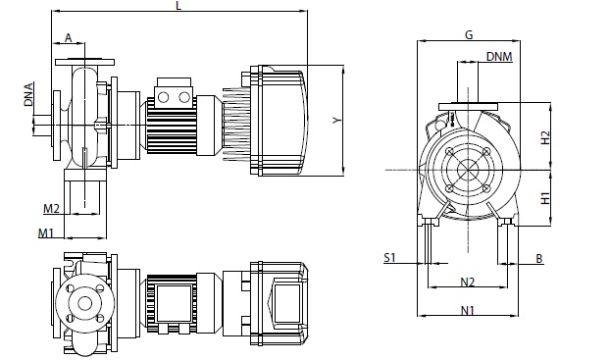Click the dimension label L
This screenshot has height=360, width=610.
178,6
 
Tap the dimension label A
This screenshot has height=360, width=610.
68,37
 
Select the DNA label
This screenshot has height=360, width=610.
28,94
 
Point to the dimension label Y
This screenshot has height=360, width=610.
337,121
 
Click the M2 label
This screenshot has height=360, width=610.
51,209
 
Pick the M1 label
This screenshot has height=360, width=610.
45,233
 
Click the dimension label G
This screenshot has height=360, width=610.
469,34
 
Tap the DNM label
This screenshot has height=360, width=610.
499,57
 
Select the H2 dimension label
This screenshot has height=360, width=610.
546,137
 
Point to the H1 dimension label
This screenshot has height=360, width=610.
546,198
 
